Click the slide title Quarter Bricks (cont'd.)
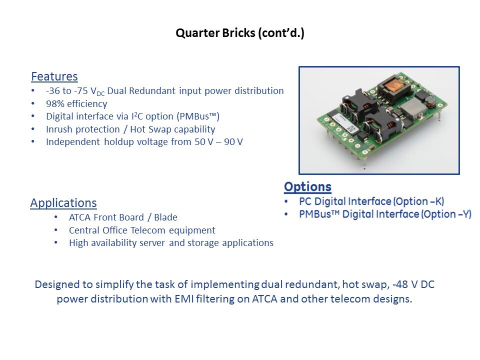[240, 33]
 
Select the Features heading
[54, 76]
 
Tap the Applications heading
[63, 203]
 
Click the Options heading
[307, 186]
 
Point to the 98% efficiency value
[55, 104]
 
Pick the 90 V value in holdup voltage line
[233, 141]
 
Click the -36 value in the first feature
[53, 91]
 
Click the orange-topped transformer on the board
[394, 86]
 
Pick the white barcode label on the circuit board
[345, 123]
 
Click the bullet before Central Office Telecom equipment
[55, 230]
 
